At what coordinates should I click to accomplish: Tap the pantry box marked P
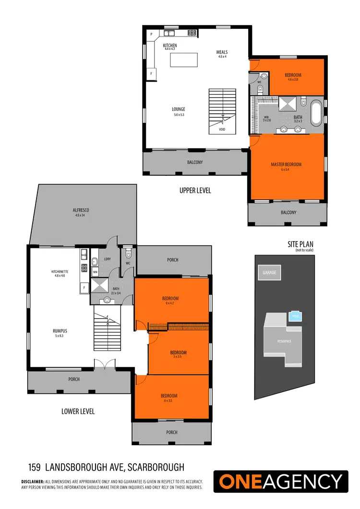click(151, 34)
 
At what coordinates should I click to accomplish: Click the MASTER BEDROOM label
click(286, 165)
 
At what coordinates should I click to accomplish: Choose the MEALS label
click(222, 52)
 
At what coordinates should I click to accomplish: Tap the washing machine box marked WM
click(95, 272)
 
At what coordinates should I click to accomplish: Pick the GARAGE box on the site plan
click(269, 272)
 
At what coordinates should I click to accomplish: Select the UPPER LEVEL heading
click(195, 191)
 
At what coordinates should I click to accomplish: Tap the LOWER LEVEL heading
click(78, 411)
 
